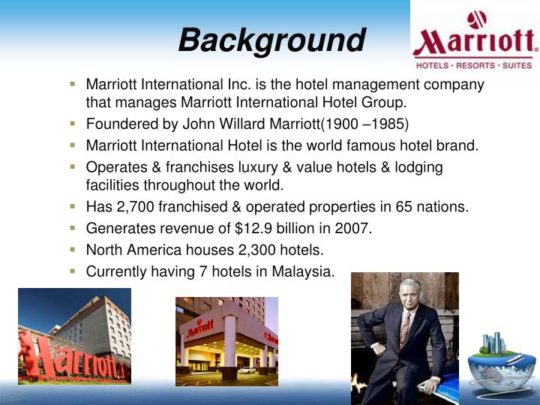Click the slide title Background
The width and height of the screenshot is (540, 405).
(x=271, y=41)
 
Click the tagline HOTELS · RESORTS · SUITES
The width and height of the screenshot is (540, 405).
(x=474, y=65)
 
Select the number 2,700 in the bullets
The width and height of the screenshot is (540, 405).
(x=135, y=207)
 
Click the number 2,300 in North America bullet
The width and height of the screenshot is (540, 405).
(x=256, y=250)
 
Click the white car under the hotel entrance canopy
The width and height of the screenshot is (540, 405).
(x=246, y=370)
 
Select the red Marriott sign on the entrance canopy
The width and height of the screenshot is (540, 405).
(x=199, y=328)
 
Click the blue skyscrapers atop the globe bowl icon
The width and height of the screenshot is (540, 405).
(x=494, y=343)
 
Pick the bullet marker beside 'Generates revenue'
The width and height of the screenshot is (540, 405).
(x=72, y=228)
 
